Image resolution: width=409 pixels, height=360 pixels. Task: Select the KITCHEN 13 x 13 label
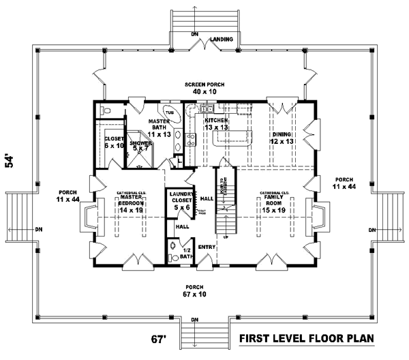[215, 123]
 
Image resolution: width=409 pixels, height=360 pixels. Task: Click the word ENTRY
[207, 245]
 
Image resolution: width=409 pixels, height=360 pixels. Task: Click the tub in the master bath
[168, 113]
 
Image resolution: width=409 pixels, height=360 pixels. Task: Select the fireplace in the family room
[316, 216]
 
